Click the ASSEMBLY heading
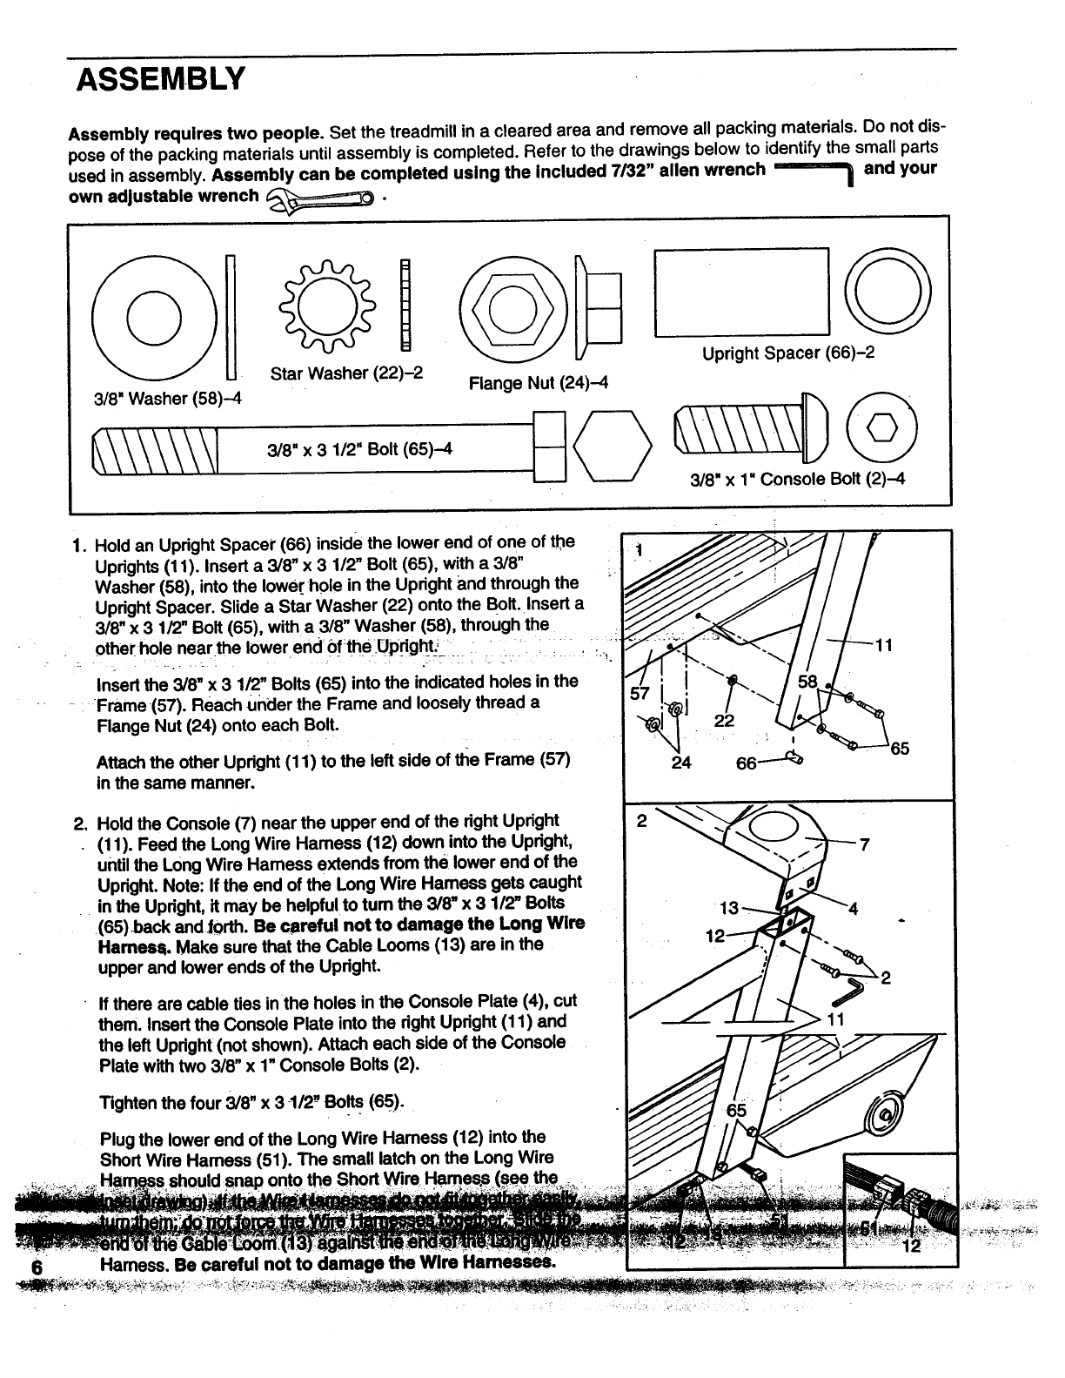point(161,80)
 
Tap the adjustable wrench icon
point(321,200)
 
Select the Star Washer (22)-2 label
point(346,373)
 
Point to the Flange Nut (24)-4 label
point(538,383)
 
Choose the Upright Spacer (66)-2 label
point(787,353)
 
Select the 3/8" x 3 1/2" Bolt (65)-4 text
point(359,449)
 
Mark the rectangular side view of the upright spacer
point(741,292)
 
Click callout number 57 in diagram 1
point(640,694)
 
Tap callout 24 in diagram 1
point(681,763)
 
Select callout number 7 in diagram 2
point(864,844)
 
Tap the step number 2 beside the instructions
point(78,823)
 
